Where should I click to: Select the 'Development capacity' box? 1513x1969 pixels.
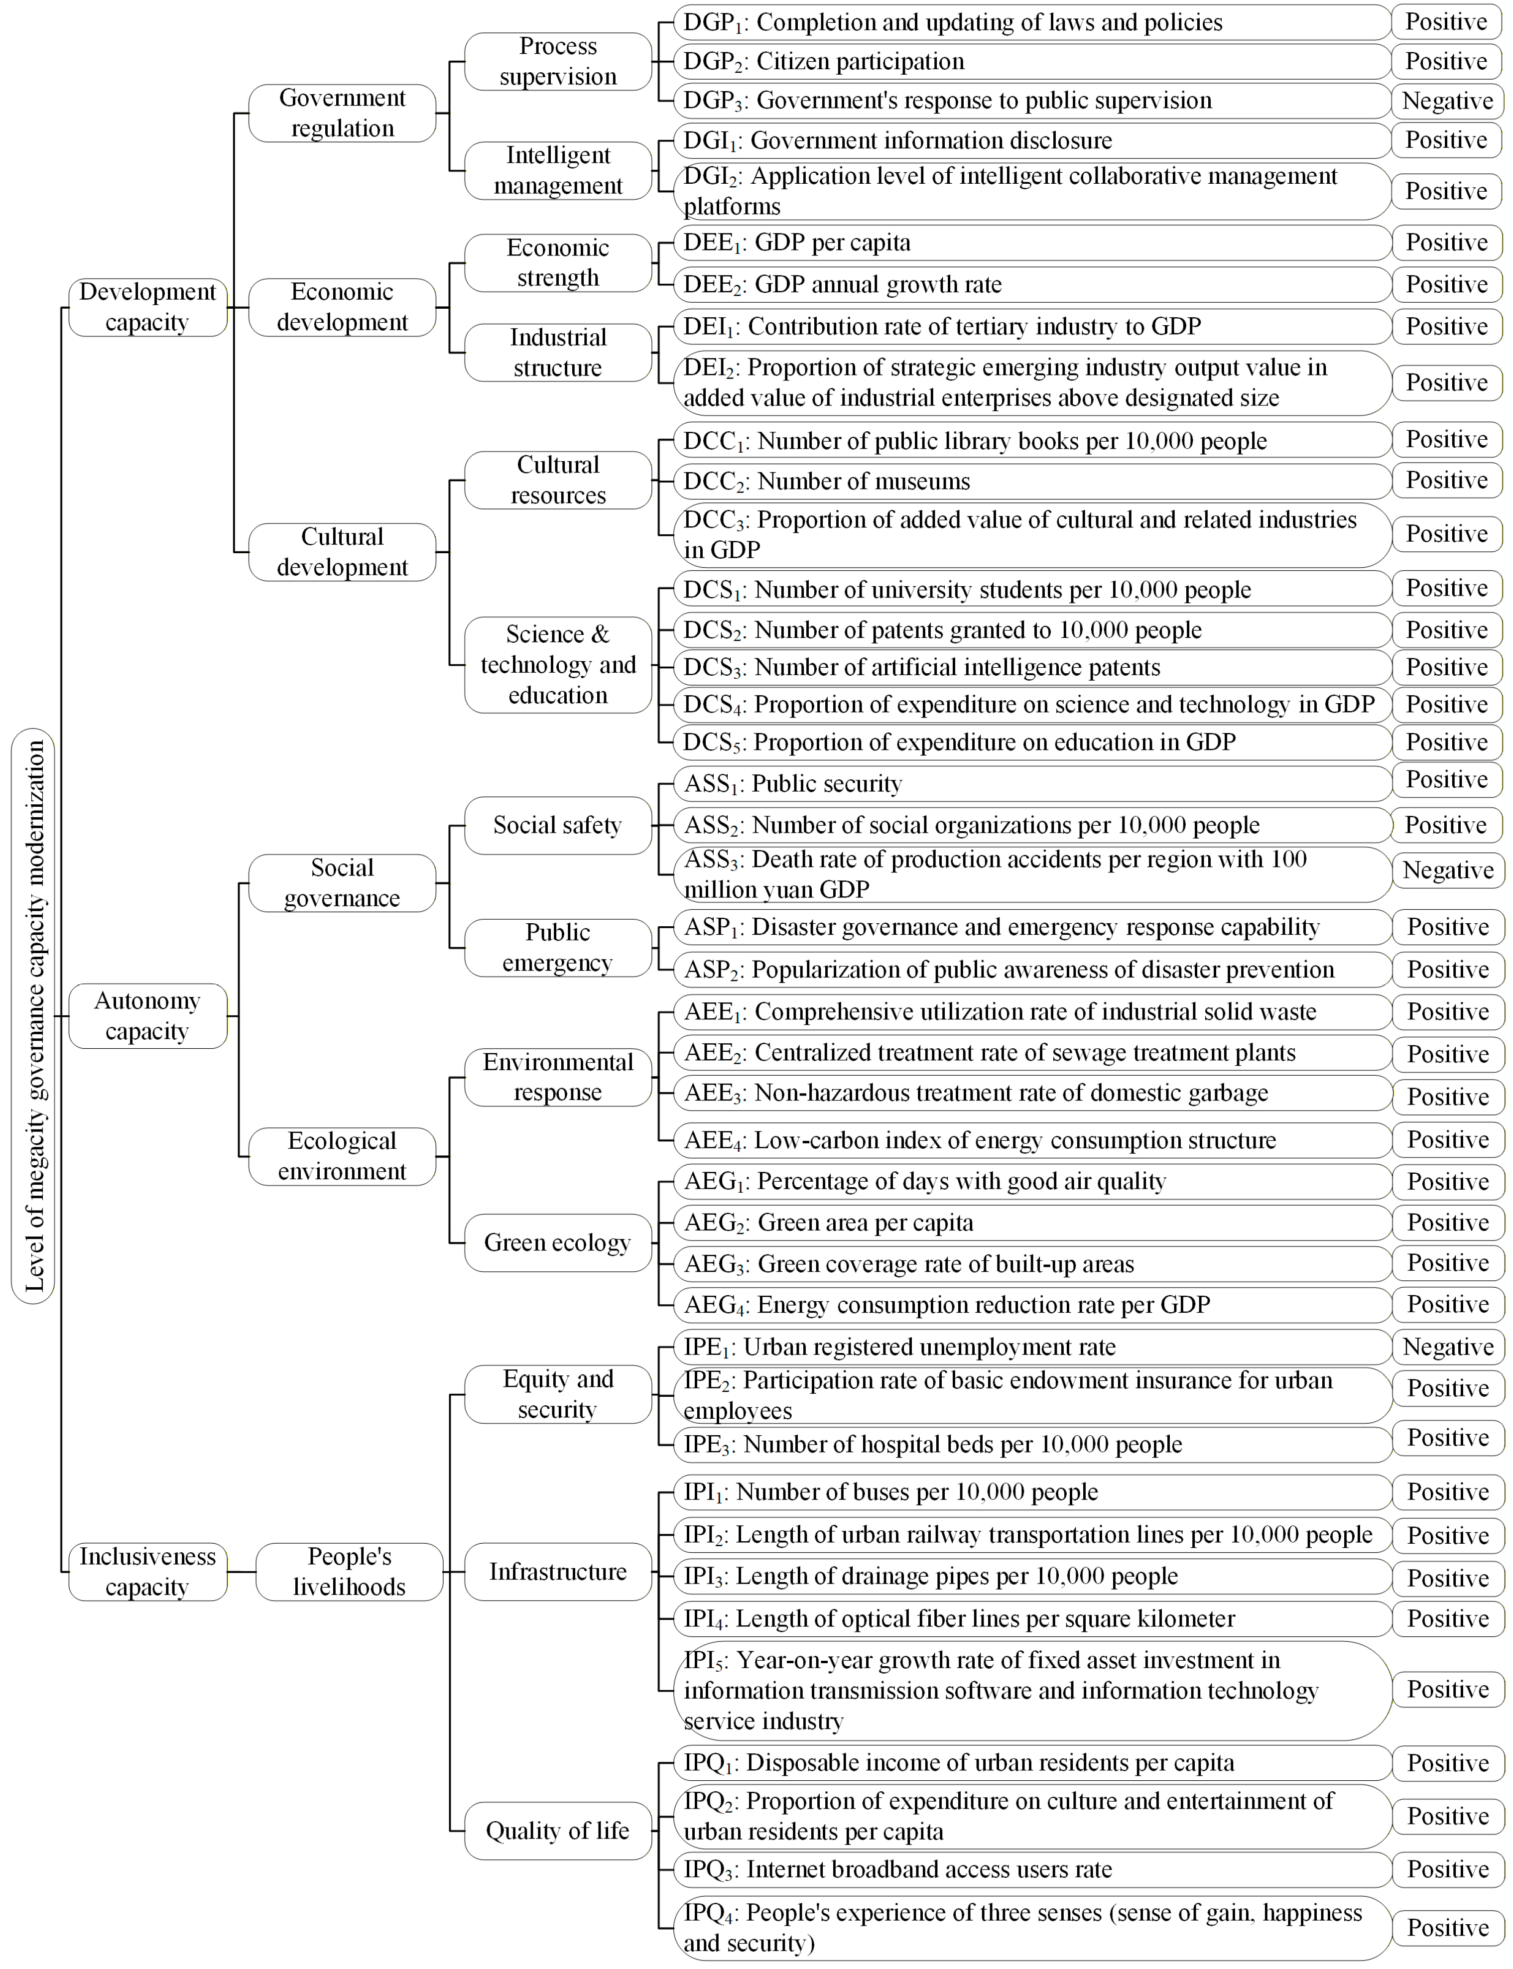click(x=148, y=307)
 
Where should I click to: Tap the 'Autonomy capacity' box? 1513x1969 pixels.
click(x=148, y=1015)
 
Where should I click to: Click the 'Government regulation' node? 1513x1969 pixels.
click(x=342, y=114)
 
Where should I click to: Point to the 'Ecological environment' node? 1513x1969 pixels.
click(x=342, y=1156)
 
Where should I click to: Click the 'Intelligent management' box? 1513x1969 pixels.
click(x=558, y=170)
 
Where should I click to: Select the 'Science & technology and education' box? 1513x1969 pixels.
click(x=558, y=664)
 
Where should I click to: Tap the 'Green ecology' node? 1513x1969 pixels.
click(x=558, y=1242)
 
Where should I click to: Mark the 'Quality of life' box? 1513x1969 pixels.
click(x=558, y=1831)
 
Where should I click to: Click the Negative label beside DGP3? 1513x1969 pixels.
click(x=1447, y=101)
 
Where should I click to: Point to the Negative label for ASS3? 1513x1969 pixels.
click(x=1447, y=870)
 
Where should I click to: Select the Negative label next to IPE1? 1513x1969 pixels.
click(x=1447, y=1347)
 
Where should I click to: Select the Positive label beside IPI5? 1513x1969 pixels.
click(x=1447, y=1689)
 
